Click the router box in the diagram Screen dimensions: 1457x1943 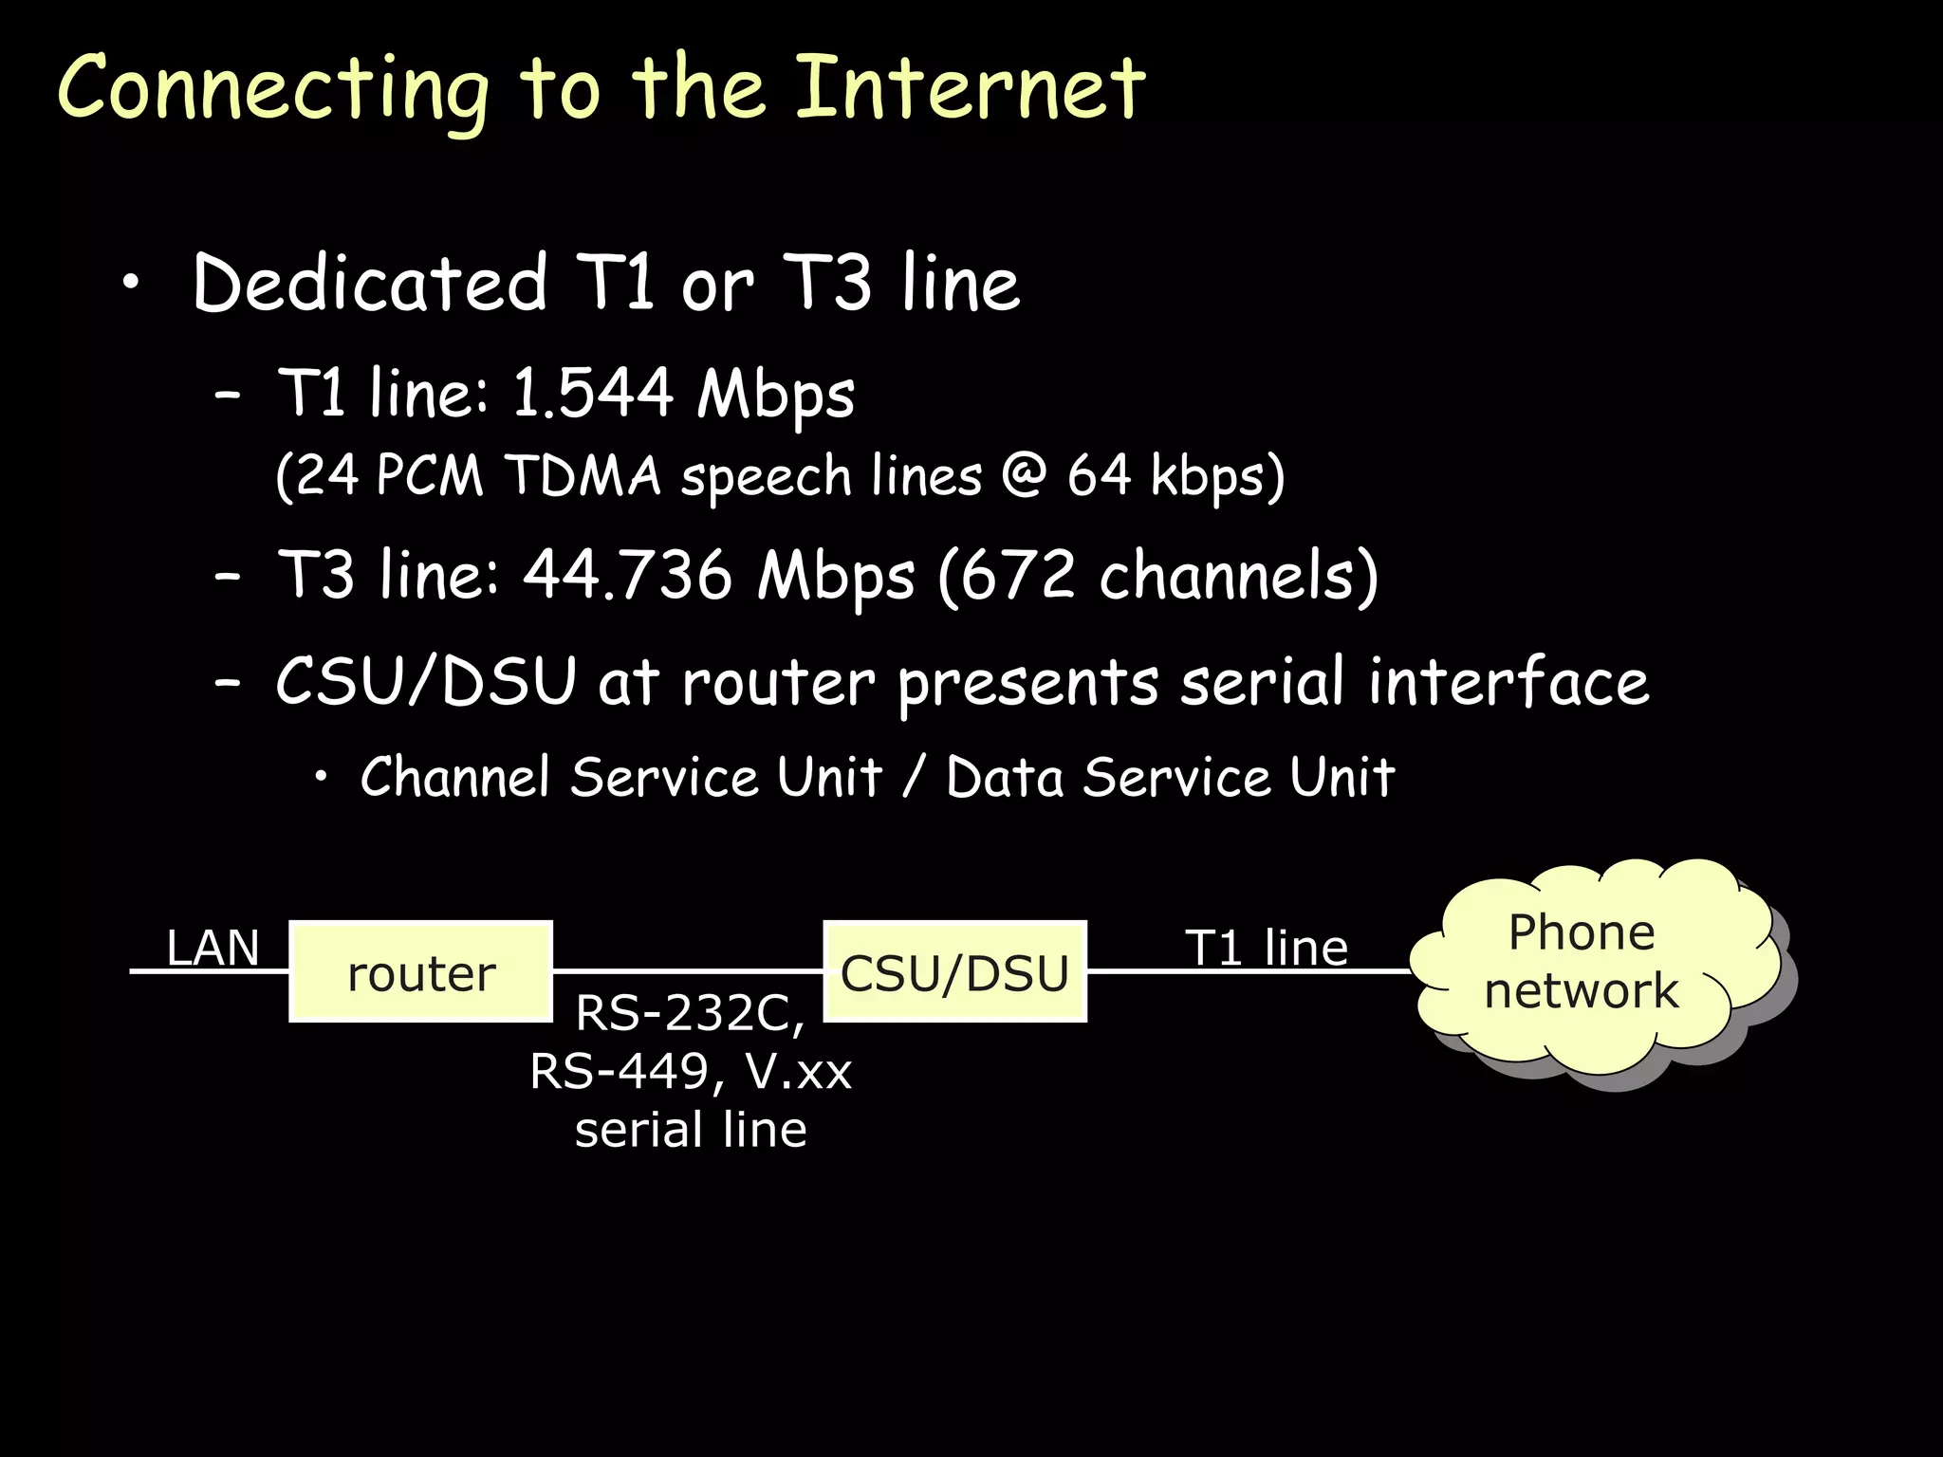point(420,971)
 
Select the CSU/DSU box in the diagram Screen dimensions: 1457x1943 point(954,971)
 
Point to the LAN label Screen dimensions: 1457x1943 point(213,948)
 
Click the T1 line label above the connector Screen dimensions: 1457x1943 point(1267,948)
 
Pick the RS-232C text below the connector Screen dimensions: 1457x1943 point(690,1013)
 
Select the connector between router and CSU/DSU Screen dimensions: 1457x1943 point(687,970)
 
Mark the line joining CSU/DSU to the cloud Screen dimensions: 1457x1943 point(1248,971)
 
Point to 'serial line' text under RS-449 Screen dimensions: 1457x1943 point(691,1130)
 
